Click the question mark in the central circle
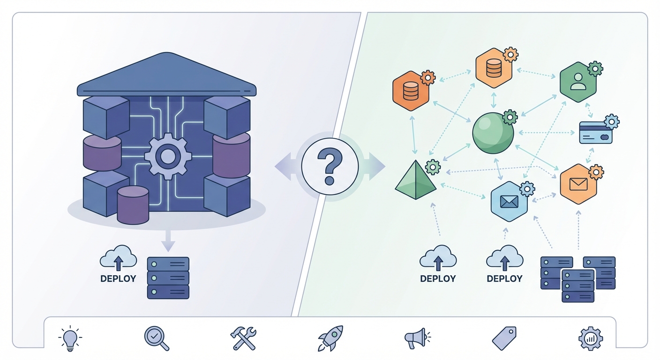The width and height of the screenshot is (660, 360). (x=330, y=166)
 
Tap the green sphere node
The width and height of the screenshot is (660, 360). (x=493, y=133)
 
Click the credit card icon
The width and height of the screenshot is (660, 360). (x=596, y=133)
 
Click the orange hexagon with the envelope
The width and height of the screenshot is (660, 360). (x=578, y=184)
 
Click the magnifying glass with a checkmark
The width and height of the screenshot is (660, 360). (x=156, y=337)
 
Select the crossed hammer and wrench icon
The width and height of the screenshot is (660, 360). (x=243, y=338)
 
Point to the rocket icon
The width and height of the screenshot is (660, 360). (x=330, y=338)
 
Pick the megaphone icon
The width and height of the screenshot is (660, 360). (x=416, y=338)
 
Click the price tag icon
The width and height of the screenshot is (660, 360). (x=504, y=338)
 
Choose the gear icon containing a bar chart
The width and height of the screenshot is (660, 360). (x=591, y=338)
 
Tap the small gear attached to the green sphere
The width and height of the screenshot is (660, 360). (x=510, y=117)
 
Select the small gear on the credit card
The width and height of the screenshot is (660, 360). (x=611, y=122)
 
